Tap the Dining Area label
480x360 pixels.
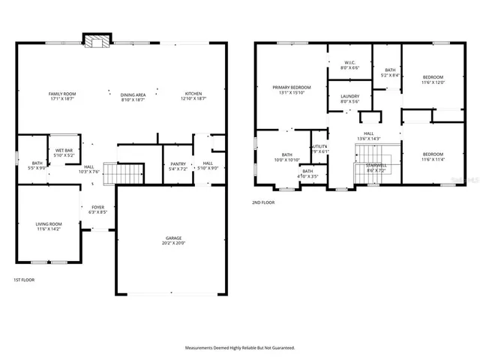pos(133,94)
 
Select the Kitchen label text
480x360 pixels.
pos(193,94)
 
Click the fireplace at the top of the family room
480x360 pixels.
pos(96,40)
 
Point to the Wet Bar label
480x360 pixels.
pos(64,150)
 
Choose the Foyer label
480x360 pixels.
pos(98,207)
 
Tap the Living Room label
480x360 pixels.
pos(49,223)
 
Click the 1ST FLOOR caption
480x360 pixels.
pos(23,280)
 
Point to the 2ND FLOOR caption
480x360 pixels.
pos(263,202)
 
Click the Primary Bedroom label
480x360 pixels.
pos(292,87)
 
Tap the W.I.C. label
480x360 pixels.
pos(349,62)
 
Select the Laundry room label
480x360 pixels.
pos(349,95)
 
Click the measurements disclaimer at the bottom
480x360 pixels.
pos(240,348)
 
